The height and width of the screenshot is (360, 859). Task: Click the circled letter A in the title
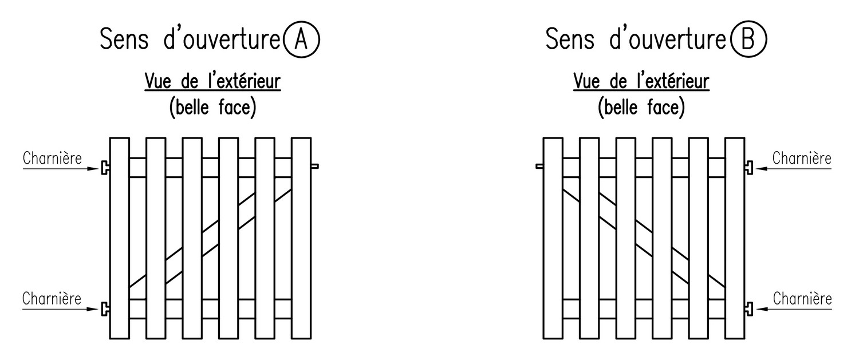[301, 39]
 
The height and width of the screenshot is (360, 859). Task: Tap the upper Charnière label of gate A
[52, 159]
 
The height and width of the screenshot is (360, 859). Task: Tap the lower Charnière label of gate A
[52, 299]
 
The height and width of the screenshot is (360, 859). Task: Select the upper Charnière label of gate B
[802, 159]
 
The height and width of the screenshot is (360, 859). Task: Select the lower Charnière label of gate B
[802, 299]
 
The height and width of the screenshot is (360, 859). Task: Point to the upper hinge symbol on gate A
[105, 168]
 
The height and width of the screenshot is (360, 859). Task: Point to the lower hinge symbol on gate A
[105, 308]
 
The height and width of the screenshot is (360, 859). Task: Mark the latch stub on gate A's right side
[314, 166]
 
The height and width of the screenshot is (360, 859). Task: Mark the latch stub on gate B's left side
[539, 166]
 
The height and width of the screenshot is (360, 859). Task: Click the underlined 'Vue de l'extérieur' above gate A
[212, 82]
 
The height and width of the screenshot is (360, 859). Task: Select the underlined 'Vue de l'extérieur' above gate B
[641, 82]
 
